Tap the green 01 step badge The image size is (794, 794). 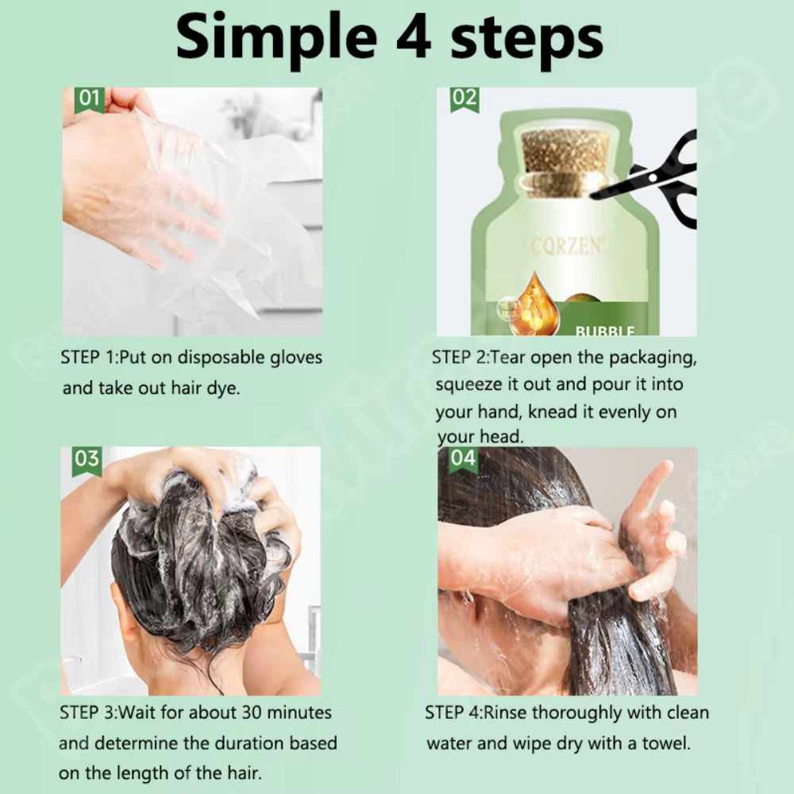pyautogui.click(x=90, y=99)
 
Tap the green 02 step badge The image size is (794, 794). pyautogui.click(x=464, y=99)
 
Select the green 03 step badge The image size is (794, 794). pyautogui.click(x=87, y=460)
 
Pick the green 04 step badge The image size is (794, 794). pyautogui.click(x=463, y=459)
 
